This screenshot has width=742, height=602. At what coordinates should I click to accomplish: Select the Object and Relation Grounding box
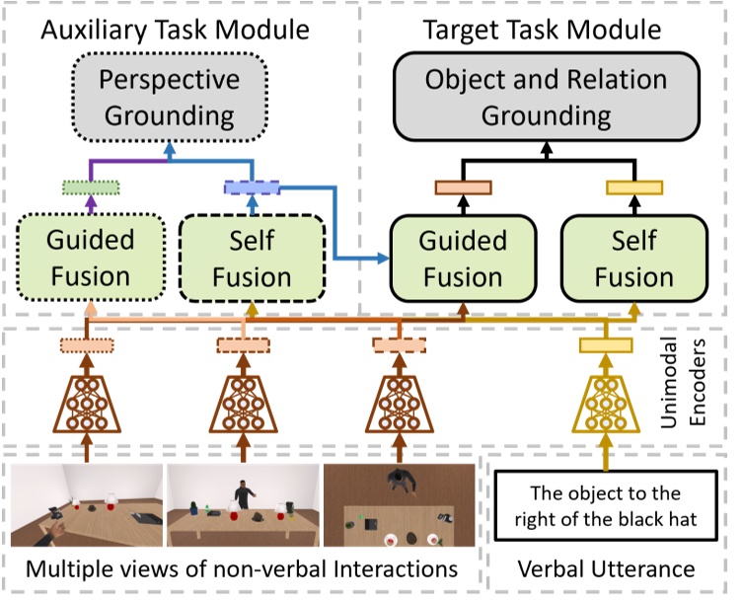tap(546, 98)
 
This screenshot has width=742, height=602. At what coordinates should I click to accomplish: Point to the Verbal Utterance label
tap(605, 569)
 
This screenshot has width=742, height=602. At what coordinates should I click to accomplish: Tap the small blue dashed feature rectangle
tap(253, 188)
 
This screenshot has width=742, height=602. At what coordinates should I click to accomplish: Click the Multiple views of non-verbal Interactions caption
tap(242, 569)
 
